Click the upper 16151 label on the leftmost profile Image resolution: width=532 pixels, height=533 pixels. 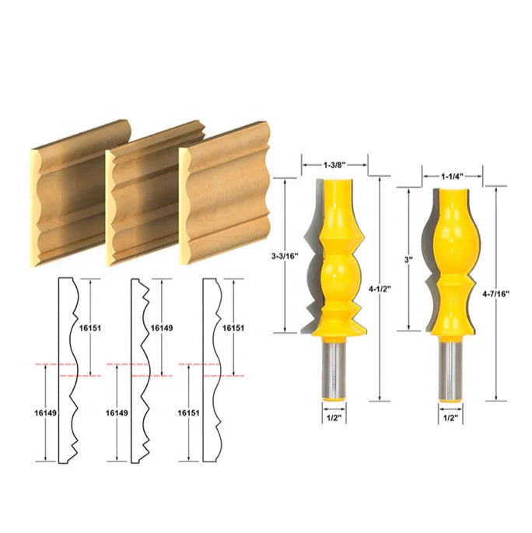pyautogui.click(x=91, y=328)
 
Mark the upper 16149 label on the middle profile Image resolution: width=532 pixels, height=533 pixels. pyautogui.click(x=163, y=328)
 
